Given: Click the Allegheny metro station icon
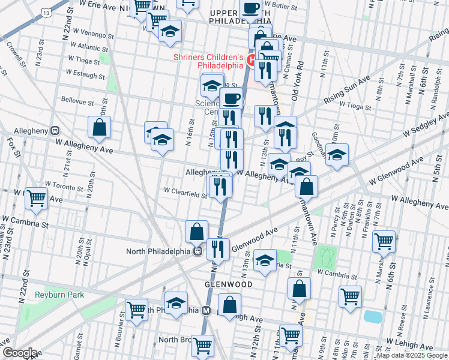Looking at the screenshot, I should pos(55,130).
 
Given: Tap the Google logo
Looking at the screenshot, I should pos(19,352).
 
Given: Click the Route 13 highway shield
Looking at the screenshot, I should pos(46,12).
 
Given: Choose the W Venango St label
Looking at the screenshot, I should pos(91,36).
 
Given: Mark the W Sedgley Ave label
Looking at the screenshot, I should pos(424,124).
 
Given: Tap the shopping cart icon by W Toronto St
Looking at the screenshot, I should pos(37,197).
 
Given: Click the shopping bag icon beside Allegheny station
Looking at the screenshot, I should pos(100,127).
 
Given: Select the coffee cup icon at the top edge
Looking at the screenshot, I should pos(250,10).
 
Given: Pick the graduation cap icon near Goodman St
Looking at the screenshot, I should pos(337,154).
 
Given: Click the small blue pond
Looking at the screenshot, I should pos(372,316).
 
